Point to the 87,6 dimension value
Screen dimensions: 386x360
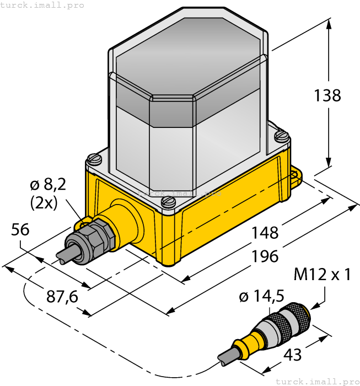click(62, 297)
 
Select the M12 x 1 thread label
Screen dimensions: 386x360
click(323, 274)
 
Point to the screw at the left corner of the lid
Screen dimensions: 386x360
click(95, 159)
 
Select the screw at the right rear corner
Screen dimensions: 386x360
click(282, 134)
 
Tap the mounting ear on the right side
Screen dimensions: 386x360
click(295, 176)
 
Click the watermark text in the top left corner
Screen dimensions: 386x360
click(42, 5)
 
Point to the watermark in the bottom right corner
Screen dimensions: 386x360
click(316, 381)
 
